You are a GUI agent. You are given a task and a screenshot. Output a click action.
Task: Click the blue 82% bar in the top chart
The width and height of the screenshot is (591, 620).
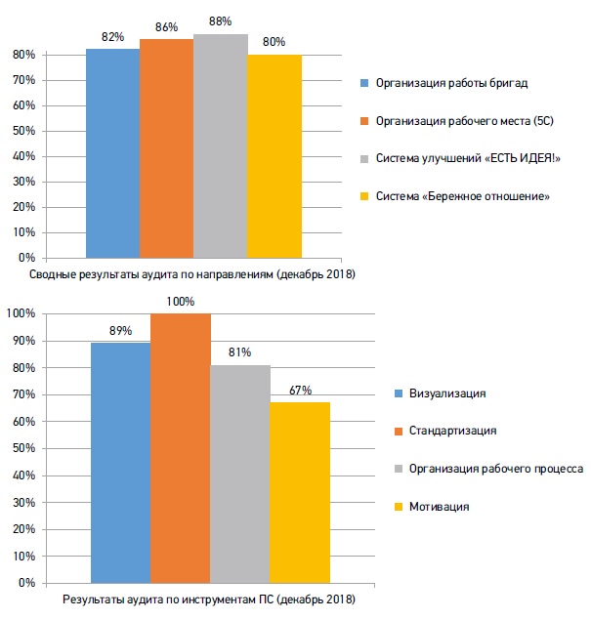pos(112,153)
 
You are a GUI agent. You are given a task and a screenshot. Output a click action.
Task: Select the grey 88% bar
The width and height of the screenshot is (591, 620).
pos(221,146)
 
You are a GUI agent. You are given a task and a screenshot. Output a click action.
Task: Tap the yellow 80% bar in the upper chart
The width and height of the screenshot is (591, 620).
pos(274,156)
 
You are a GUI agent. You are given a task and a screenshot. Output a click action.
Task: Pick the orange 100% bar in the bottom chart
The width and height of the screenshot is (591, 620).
pos(181,448)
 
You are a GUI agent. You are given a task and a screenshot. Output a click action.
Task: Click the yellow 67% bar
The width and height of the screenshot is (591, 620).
pos(300,493)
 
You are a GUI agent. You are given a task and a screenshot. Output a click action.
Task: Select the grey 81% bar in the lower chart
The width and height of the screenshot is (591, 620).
pos(240,475)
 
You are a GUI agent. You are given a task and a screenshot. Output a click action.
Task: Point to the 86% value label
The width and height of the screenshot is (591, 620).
pos(166,27)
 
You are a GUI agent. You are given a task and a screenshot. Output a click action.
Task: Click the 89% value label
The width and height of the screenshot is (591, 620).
pos(121,331)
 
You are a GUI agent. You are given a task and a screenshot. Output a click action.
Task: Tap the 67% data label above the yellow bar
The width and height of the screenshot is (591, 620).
pos(300,391)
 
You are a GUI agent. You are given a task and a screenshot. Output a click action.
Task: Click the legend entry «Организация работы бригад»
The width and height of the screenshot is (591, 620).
pos(451,83)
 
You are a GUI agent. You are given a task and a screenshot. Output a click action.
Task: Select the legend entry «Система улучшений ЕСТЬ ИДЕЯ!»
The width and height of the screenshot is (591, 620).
pos(468,158)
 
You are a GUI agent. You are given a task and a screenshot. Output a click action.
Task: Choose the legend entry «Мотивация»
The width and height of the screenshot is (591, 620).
pos(439,507)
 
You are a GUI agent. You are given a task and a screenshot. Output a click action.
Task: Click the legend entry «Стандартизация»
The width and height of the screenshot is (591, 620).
pos(452,431)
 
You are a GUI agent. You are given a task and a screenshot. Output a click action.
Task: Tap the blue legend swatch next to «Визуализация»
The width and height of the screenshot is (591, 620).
pos(399,393)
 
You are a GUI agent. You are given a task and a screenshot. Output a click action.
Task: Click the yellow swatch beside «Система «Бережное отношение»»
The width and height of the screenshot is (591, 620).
pos(364,196)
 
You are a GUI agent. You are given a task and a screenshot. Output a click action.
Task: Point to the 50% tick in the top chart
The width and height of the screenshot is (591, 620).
pos(23,131)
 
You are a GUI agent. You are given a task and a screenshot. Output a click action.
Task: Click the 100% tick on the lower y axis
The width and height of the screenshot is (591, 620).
pos(21,313)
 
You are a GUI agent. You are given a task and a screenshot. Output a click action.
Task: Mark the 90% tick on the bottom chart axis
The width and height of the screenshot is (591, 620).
pos(23,341)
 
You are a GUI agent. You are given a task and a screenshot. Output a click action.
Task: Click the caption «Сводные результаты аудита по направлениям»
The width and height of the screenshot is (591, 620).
pos(151,274)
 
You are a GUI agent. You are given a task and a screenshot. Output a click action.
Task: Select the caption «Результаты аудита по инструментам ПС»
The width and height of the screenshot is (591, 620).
pos(167,599)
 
